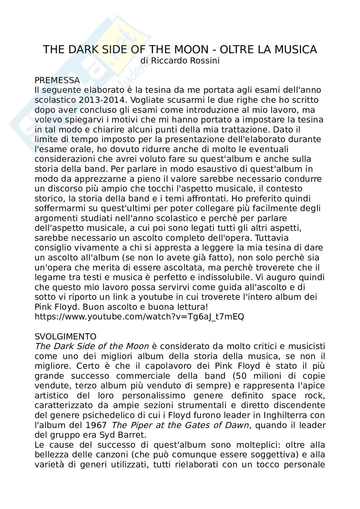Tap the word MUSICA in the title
click(296, 50)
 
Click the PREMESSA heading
click(57, 80)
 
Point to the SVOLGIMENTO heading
click(65, 337)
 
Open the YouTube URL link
click(139, 317)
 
